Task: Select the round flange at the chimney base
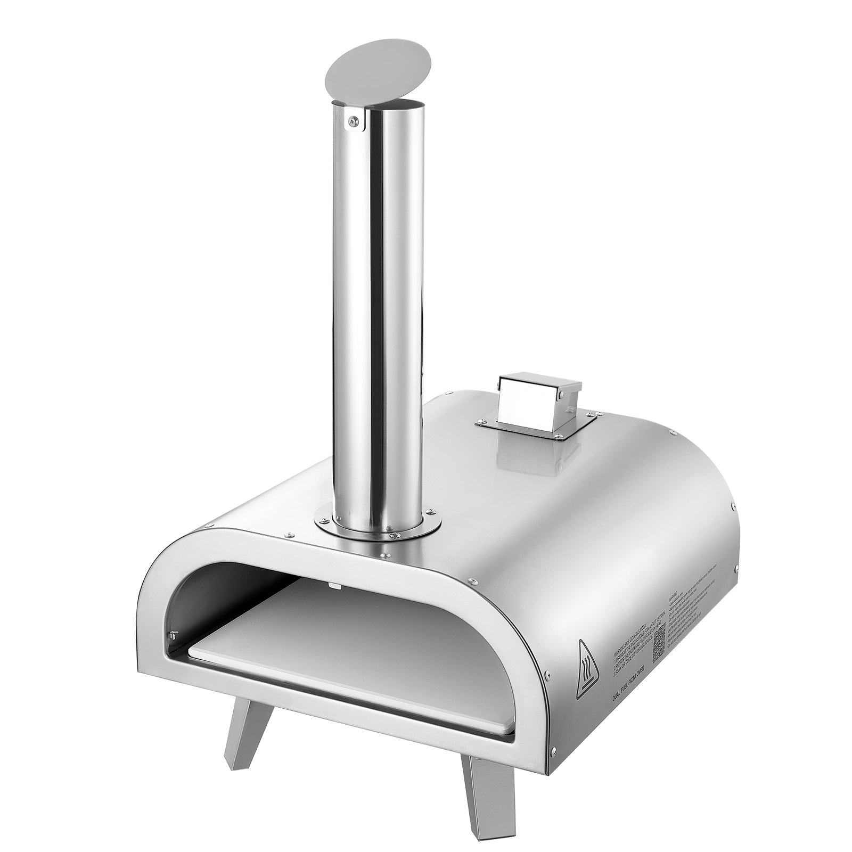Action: click(378, 525)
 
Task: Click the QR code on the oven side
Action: click(659, 642)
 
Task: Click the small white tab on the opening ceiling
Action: click(334, 585)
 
